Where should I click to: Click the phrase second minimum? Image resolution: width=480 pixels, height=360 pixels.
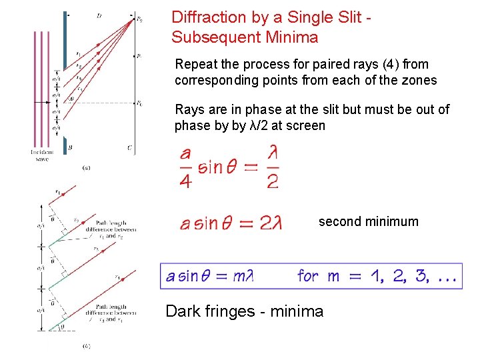pos(368,221)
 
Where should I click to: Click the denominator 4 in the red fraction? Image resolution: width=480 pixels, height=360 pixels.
pos(185,181)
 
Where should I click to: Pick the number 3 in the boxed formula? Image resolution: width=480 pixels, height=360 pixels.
pos(421,275)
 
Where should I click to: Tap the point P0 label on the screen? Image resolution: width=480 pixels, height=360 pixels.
pos(139,103)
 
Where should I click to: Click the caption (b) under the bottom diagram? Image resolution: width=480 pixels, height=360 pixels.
pos(87,346)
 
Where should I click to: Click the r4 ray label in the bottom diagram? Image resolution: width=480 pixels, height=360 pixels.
pos(117,277)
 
